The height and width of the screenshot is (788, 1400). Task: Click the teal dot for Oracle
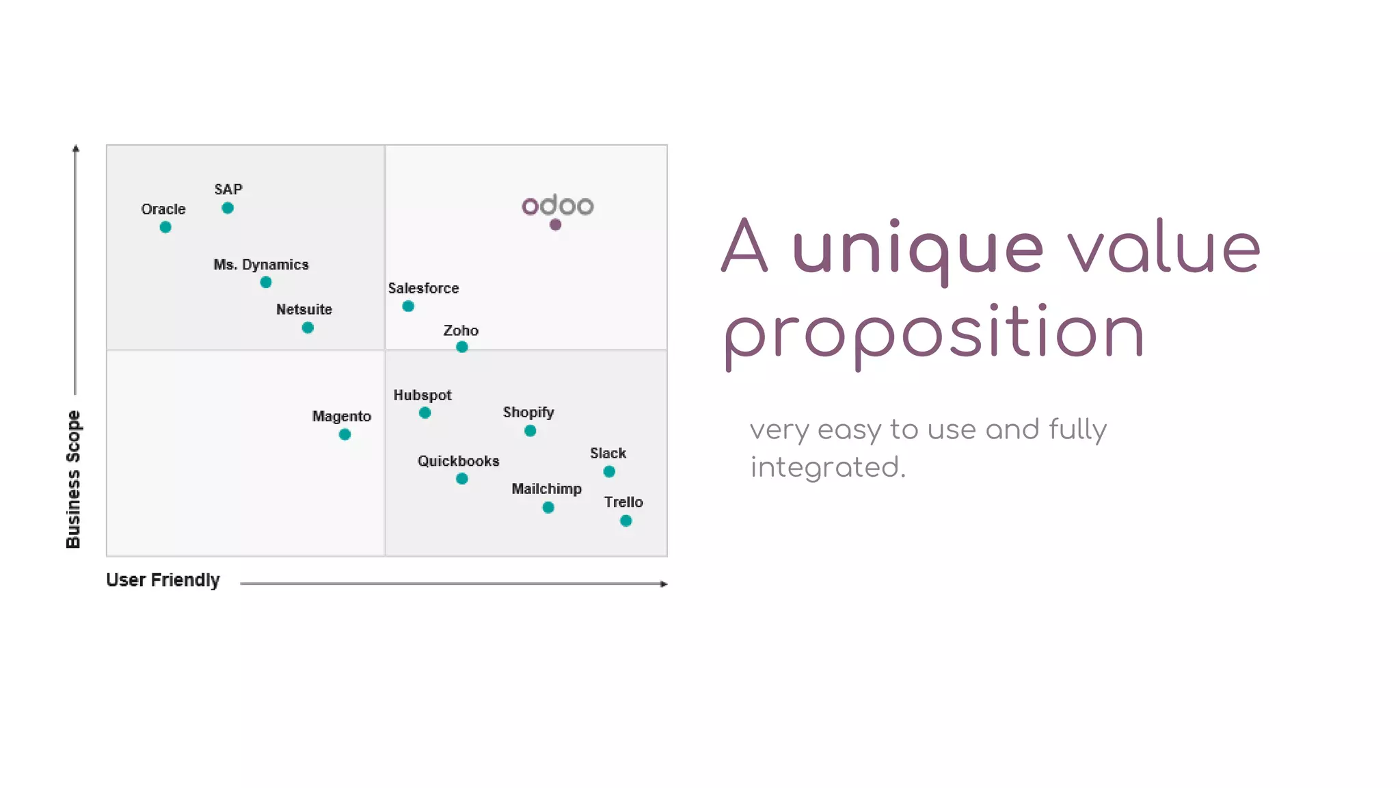(165, 227)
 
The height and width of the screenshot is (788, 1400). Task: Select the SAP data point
(228, 208)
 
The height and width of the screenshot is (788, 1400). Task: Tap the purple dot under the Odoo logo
(555, 224)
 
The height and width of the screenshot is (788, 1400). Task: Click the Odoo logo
(558, 205)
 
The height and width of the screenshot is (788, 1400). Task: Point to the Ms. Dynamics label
(261, 265)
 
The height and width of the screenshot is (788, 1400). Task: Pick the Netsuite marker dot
(308, 328)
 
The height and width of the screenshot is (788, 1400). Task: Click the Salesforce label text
(423, 289)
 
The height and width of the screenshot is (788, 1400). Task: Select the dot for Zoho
(462, 347)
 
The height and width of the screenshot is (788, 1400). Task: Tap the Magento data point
(345, 434)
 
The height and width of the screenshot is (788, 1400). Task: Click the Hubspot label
(422, 395)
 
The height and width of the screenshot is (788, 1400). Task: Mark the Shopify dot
(530, 431)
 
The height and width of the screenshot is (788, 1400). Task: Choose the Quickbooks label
(458, 461)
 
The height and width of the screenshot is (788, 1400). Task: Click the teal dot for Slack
(609, 471)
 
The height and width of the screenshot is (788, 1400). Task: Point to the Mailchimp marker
(548, 508)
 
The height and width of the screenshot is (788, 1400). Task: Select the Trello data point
(625, 521)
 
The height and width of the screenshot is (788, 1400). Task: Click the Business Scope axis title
(73, 479)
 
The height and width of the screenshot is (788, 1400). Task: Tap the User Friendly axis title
(163, 580)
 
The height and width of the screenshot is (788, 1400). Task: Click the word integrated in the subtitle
(827, 468)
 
